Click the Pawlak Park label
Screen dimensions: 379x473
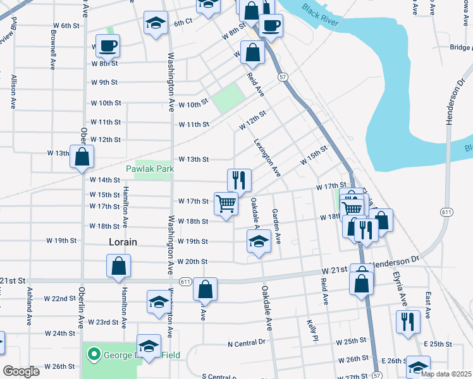149,169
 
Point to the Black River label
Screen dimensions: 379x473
320,18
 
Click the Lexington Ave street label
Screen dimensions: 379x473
267,158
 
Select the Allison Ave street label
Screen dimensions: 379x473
13,92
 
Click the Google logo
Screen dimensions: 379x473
21,371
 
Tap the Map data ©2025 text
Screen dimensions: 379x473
446,374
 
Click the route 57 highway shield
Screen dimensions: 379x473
282,76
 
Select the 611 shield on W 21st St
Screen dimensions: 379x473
185,281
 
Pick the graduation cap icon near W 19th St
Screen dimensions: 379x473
258,242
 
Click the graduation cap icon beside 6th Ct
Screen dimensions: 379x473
156,24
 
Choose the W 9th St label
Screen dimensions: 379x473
104,82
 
